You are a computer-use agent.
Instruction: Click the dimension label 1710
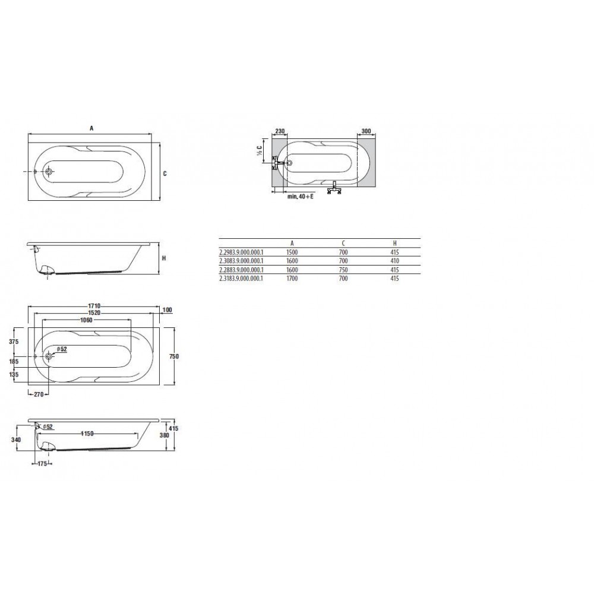point(94,306)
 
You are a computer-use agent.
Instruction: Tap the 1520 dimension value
point(94,313)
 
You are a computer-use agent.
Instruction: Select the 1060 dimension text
point(86,320)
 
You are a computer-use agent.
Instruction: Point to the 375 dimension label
point(14,342)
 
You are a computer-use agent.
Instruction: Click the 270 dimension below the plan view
point(39,394)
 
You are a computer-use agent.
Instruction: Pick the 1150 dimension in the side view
point(87,434)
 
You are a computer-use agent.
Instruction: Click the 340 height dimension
point(16,440)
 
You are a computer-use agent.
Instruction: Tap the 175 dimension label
point(42,463)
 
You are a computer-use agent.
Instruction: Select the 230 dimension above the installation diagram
point(280,131)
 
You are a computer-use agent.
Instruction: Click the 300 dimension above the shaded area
point(366,131)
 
